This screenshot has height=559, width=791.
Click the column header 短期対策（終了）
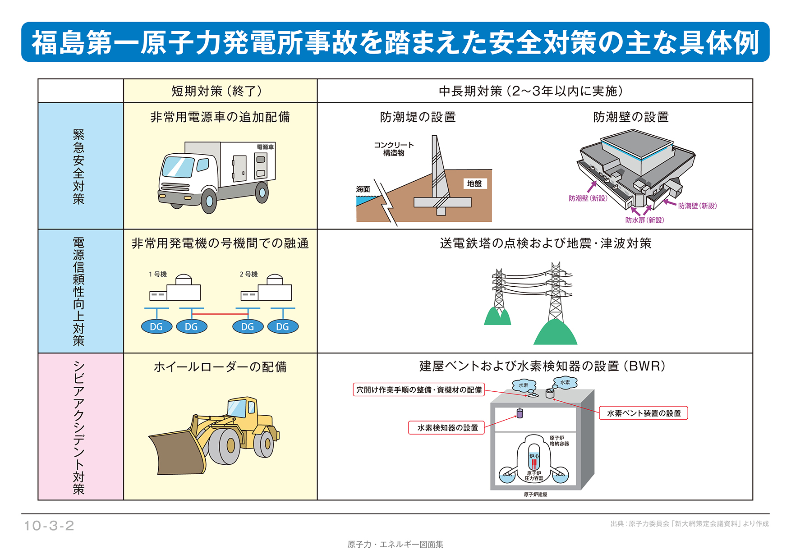(x=217, y=91)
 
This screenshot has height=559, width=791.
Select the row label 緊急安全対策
(x=78, y=167)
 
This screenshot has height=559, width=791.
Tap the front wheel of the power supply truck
(x=209, y=200)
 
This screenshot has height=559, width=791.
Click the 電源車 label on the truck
(x=265, y=147)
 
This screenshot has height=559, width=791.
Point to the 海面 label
(x=363, y=189)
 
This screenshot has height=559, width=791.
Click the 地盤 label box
(x=474, y=183)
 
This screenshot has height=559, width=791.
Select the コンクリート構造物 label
(x=394, y=149)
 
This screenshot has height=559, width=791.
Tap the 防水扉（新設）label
(x=644, y=220)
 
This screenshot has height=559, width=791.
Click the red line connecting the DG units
(x=220, y=314)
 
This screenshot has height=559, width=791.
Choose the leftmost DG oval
(x=156, y=327)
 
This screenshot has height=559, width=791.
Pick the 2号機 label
(x=248, y=274)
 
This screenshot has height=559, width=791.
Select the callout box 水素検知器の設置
(x=447, y=427)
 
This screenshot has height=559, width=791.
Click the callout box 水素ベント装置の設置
(x=644, y=413)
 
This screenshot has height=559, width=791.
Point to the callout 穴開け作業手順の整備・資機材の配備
(x=419, y=389)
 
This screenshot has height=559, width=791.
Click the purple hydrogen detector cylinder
(x=520, y=413)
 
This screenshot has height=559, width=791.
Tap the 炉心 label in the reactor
(x=534, y=456)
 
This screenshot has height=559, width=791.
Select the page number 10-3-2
(x=49, y=526)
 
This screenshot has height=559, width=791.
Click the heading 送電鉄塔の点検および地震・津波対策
(x=546, y=243)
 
